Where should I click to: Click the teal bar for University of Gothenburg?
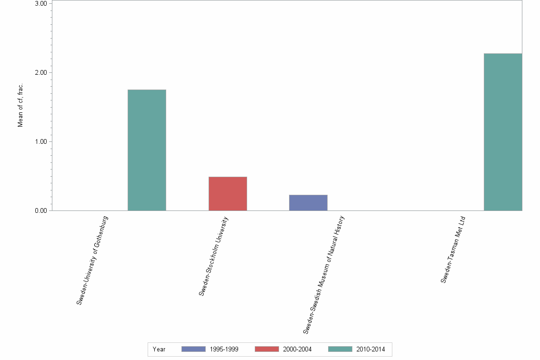(147, 150)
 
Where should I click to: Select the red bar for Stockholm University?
(228, 194)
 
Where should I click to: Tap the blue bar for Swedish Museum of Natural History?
(308, 203)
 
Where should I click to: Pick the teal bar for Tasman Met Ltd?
(503, 132)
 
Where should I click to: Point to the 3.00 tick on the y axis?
(40, 4)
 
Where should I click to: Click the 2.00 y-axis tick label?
(40, 73)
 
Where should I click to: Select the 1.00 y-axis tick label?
(40, 142)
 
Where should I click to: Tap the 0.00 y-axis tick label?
(40, 211)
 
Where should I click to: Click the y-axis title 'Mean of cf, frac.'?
(20, 105)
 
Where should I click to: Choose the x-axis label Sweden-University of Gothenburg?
(93, 260)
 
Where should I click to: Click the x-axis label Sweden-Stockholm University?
(214, 256)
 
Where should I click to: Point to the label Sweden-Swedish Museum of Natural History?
(324, 275)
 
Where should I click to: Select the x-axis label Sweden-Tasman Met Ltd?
(452, 250)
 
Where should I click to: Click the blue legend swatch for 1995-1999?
(193, 350)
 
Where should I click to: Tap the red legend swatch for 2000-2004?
(267, 350)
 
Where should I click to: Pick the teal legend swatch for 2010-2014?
(340, 350)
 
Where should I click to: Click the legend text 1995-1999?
(224, 350)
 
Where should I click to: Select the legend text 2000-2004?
(297, 350)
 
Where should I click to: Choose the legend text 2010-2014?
(370, 350)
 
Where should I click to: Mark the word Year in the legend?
(159, 350)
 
